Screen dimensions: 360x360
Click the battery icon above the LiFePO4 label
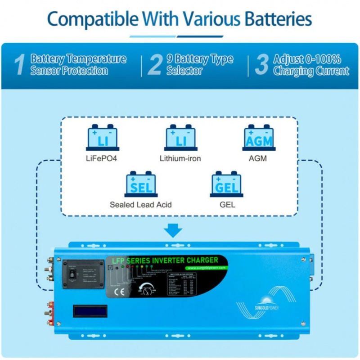click(102, 138)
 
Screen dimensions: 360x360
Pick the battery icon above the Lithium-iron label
click(180, 138)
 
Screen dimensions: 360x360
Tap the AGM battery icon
click(259, 138)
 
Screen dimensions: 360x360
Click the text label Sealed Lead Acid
click(141, 205)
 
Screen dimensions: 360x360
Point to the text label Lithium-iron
click(180, 158)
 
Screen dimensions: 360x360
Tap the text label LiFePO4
click(102, 158)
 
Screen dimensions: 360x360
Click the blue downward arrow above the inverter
click(173, 230)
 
